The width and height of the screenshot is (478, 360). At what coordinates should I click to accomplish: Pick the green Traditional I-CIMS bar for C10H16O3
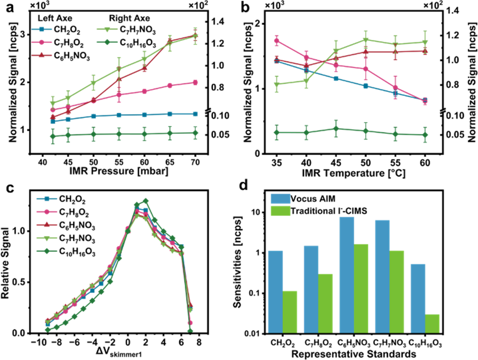(x=433, y=324)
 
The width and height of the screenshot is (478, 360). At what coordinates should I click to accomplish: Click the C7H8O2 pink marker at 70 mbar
(x=195, y=82)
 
